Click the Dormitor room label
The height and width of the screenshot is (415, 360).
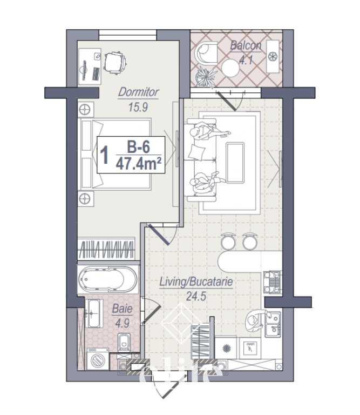(138, 92)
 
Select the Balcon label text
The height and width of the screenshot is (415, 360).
(246, 45)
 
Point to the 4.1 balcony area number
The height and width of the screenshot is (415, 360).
(246, 59)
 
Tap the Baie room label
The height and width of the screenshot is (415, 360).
(120, 310)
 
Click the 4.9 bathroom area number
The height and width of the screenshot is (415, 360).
(120, 324)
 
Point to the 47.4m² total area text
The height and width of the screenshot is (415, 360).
(139, 163)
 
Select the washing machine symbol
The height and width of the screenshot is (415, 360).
(97, 358)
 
